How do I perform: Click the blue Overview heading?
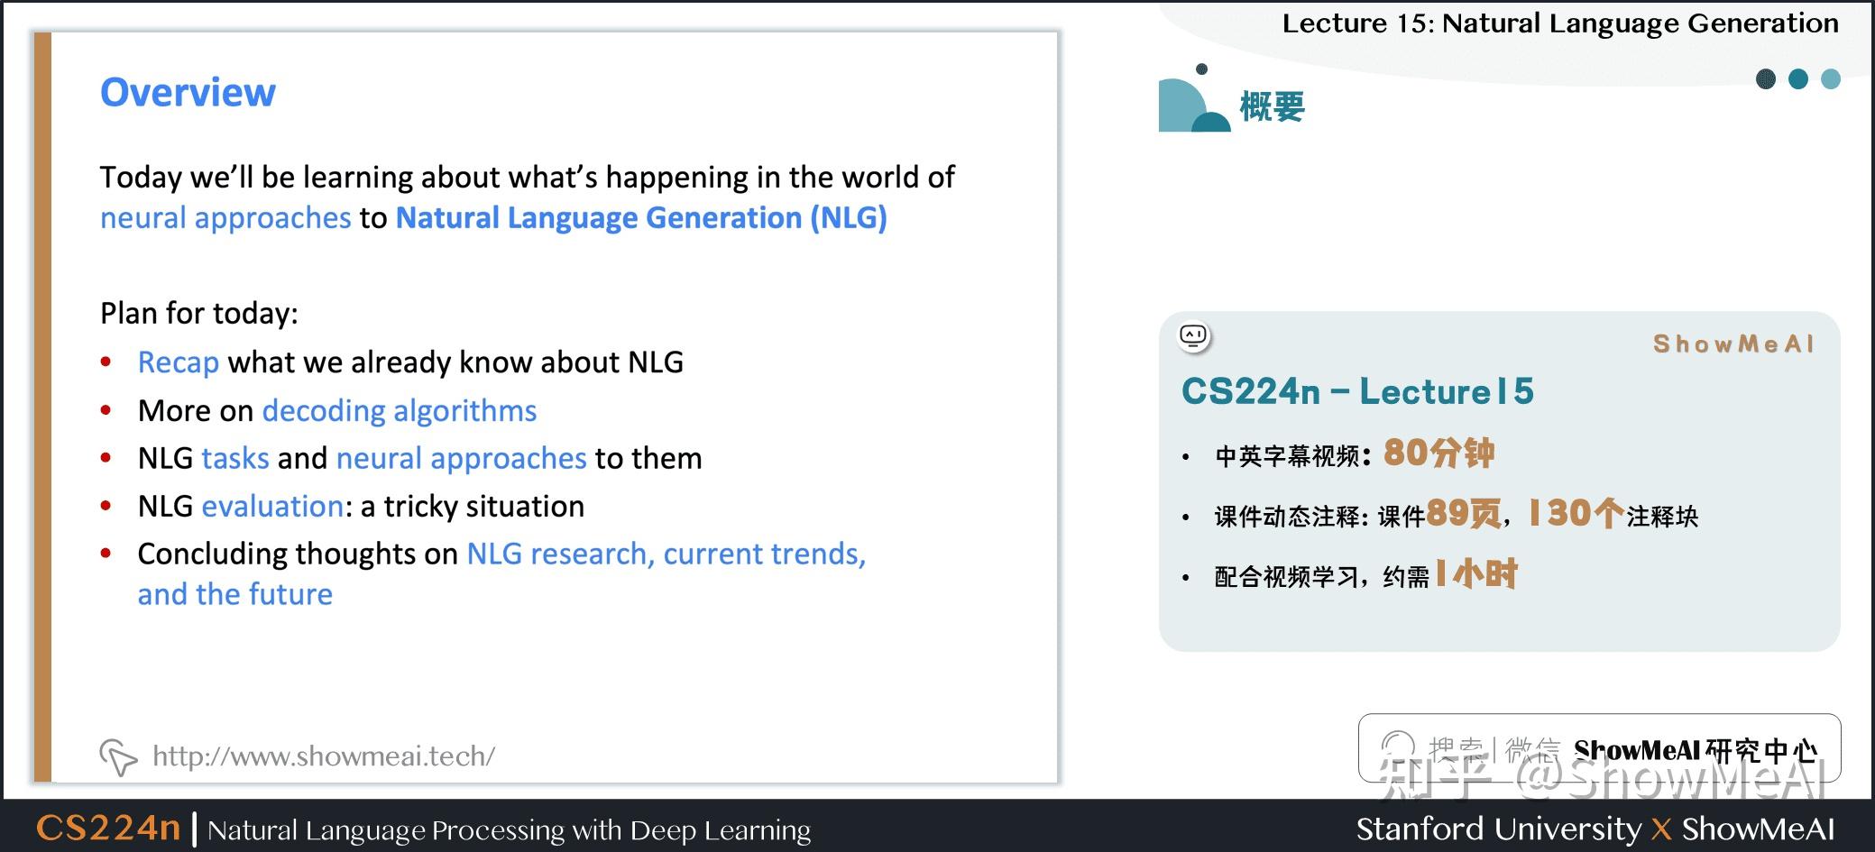click(188, 92)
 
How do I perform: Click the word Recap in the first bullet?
click(178, 362)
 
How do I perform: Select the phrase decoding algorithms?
click(399, 411)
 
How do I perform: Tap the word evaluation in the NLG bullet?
click(272, 507)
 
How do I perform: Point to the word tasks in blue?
click(235, 459)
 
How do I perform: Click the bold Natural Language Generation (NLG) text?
click(641, 218)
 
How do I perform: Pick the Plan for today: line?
click(198, 314)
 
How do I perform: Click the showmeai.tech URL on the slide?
click(324, 756)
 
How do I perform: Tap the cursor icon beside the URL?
click(118, 756)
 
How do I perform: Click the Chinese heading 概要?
click(1272, 106)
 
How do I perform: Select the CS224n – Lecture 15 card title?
click(1357, 391)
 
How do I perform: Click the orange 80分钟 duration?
click(1438, 453)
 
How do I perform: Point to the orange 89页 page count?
click(1464, 514)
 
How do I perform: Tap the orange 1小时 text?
click(1476, 574)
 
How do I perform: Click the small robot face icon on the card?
click(1193, 336)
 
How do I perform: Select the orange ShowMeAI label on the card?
click(1733, 344)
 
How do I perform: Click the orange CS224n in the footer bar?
click(108, 828)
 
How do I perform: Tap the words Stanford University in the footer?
click(1498, 829)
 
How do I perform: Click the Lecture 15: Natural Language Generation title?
click(1559, 23)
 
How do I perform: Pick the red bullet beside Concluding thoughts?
click(106, 554)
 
